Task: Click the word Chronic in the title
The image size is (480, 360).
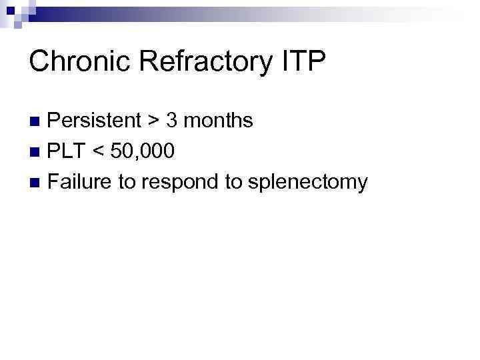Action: click(x=79, y=62)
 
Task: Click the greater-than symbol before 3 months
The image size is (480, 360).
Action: click(x=153, y=121)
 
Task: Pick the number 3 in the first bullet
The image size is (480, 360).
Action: click(x=171, y=121)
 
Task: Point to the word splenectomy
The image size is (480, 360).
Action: click(x=307, y=183)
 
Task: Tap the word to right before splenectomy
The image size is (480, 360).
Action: click(x=233, y=181)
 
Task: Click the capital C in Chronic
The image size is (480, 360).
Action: click(x=39, y=62)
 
